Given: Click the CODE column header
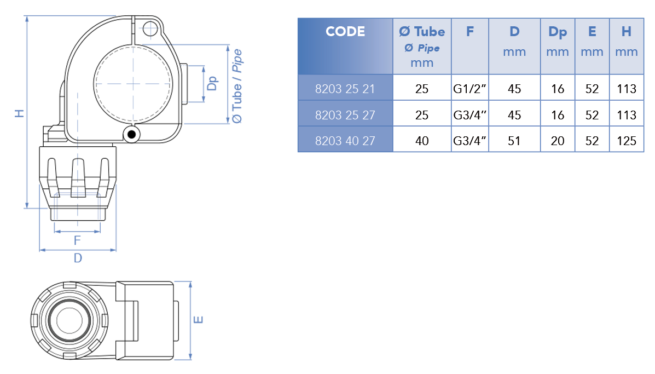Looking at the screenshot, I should pos(345,32).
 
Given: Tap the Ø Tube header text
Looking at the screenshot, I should pos(422,32).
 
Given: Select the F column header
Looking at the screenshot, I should pos(469,32).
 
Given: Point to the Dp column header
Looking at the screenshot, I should pos(557,32).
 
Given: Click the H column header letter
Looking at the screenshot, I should pos(626,32).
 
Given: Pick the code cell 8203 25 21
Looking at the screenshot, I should pos(345,89).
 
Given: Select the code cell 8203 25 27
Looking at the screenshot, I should pos(345,115).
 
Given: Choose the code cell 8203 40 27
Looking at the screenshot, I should pos(345,141).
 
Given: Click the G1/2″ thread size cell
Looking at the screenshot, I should pos(470,89).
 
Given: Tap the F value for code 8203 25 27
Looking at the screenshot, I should pos(470,115).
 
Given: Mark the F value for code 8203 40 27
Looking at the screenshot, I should pos(470,141).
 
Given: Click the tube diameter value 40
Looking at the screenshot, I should pos(422,141).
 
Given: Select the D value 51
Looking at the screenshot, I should pos(514,141).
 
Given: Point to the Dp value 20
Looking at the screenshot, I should pos(558,141).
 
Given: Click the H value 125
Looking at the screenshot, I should pos(626,141).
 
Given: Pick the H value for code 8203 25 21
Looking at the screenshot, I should pos(626,89).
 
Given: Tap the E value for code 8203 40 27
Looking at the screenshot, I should pos(592,141).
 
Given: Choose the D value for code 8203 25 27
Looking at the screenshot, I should pos(514,115).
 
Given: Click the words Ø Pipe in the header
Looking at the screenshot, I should pos(422,48).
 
